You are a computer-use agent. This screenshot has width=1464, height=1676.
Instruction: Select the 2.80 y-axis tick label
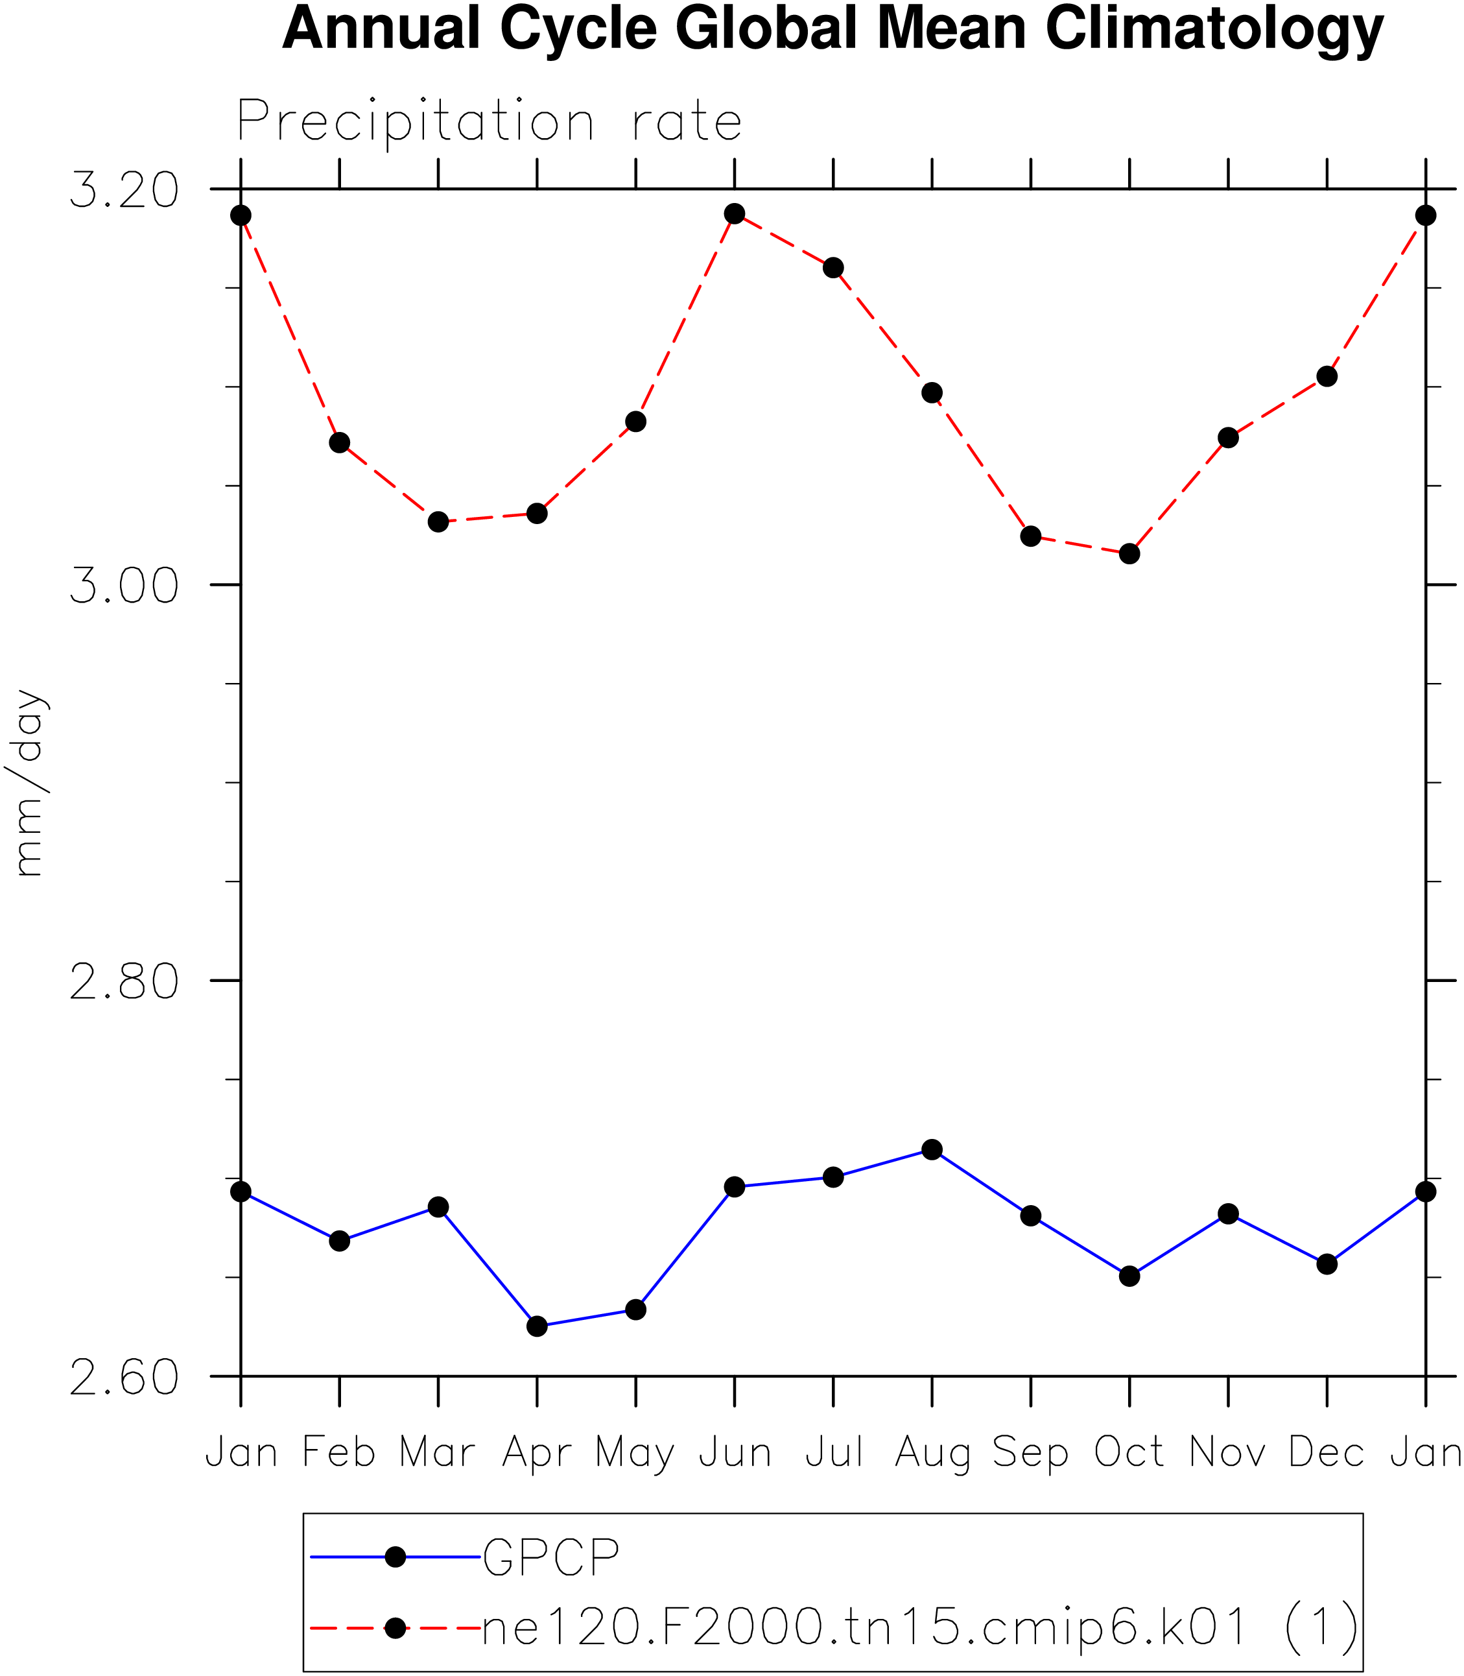point(124,981)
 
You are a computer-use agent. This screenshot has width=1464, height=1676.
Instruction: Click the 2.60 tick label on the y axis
point(124,1377)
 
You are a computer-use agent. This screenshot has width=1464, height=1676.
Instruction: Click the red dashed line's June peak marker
point(735,214)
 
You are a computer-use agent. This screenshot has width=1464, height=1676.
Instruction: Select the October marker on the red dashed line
point(1129,554)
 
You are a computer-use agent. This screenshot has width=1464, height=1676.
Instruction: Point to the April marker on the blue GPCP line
point(537,1326)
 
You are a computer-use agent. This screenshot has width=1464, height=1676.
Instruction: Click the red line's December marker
point(1327,377)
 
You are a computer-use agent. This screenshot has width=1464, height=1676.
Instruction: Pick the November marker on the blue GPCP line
point(1228,1214)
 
